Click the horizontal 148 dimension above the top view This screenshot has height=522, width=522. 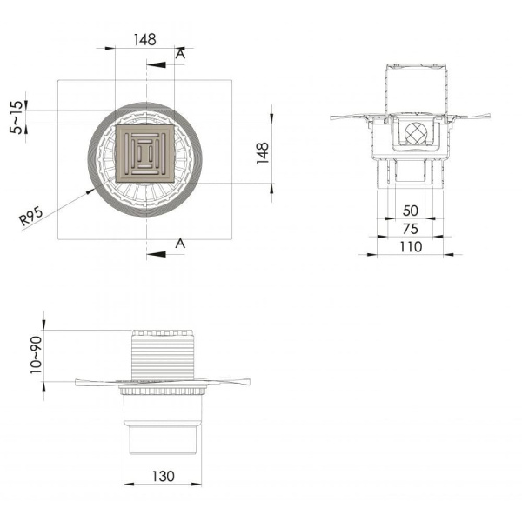tap(144, 38)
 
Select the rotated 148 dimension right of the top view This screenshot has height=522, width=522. tap(263, 153)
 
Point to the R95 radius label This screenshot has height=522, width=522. tap(33, 216)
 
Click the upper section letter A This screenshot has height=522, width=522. tap(179, 54)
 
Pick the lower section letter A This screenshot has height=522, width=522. tap(179, 243)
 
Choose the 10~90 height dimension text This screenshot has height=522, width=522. tap(34, 355)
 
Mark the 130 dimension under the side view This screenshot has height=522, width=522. tap(164, 476)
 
